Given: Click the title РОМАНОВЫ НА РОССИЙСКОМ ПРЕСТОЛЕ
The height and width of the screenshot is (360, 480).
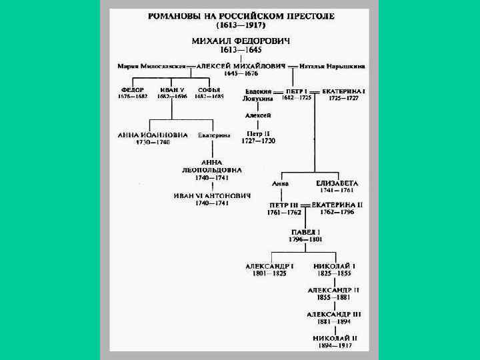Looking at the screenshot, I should [241, 15].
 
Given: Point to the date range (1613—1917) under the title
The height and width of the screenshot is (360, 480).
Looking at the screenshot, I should [241, 25].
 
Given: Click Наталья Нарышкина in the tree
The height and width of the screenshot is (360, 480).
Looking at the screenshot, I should [331, 67].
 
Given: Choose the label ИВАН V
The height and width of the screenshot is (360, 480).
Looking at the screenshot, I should [172, 90].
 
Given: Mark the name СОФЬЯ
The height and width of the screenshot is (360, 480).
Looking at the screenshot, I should [209, 90].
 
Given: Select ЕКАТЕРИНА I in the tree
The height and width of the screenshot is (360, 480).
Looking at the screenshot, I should [343, 90].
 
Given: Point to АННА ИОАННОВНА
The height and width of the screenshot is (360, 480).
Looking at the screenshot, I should [153, 135].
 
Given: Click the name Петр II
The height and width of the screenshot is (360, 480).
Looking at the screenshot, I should [258, 133].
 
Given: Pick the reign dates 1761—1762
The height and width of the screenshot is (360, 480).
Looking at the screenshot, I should [284, 212].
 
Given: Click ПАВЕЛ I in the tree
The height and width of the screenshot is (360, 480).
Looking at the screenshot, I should [305, 231].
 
